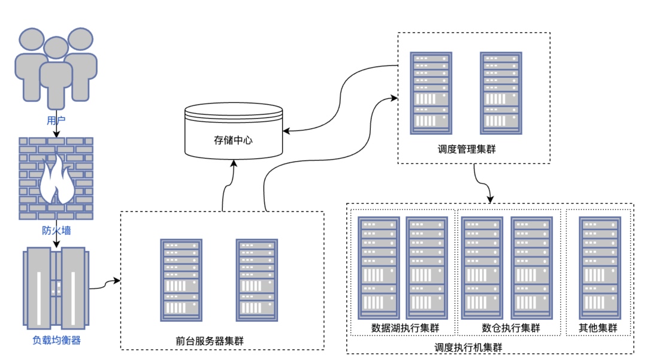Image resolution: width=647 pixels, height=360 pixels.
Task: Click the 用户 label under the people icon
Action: (x=56, y=120)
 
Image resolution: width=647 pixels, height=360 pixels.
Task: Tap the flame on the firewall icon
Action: (x=56, y=179)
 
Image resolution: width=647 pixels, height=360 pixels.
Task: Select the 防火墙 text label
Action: (x=56, y=230)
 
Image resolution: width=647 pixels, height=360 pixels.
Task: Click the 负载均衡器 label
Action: (x=56, y=341)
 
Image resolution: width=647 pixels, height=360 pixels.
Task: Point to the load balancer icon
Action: (x=56, y=286)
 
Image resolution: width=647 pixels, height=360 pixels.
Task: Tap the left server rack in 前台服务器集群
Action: (x=181, y=280)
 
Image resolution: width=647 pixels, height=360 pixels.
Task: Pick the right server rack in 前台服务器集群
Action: (x=257, y=280)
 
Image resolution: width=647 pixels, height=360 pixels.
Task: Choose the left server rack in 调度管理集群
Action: (x=431, y=93)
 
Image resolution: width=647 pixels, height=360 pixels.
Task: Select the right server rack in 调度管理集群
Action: (x=501, y=93)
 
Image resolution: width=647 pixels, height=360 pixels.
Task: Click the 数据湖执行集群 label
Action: (x=405, y=328)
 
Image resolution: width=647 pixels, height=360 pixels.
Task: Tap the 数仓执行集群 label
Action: (x=510, y=328)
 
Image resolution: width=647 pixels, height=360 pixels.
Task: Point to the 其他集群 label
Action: (x=597, y=328)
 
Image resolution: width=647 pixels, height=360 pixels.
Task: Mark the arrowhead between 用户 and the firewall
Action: (x=56, y=134)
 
